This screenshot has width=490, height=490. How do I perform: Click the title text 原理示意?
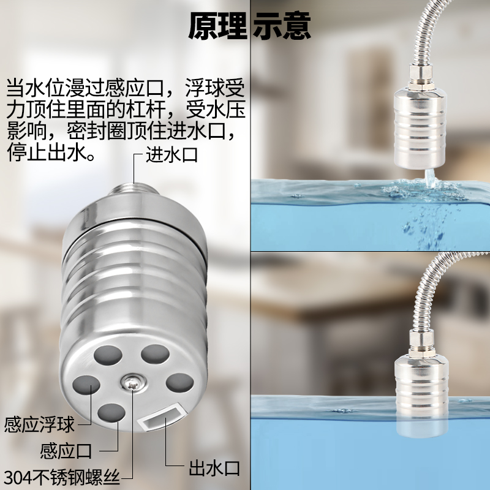tap(249, 26)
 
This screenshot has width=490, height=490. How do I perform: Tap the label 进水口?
tap(171, 154)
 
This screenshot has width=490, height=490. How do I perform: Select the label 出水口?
tap(213, 469)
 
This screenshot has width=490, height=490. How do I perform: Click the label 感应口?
tap(66, 451)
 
